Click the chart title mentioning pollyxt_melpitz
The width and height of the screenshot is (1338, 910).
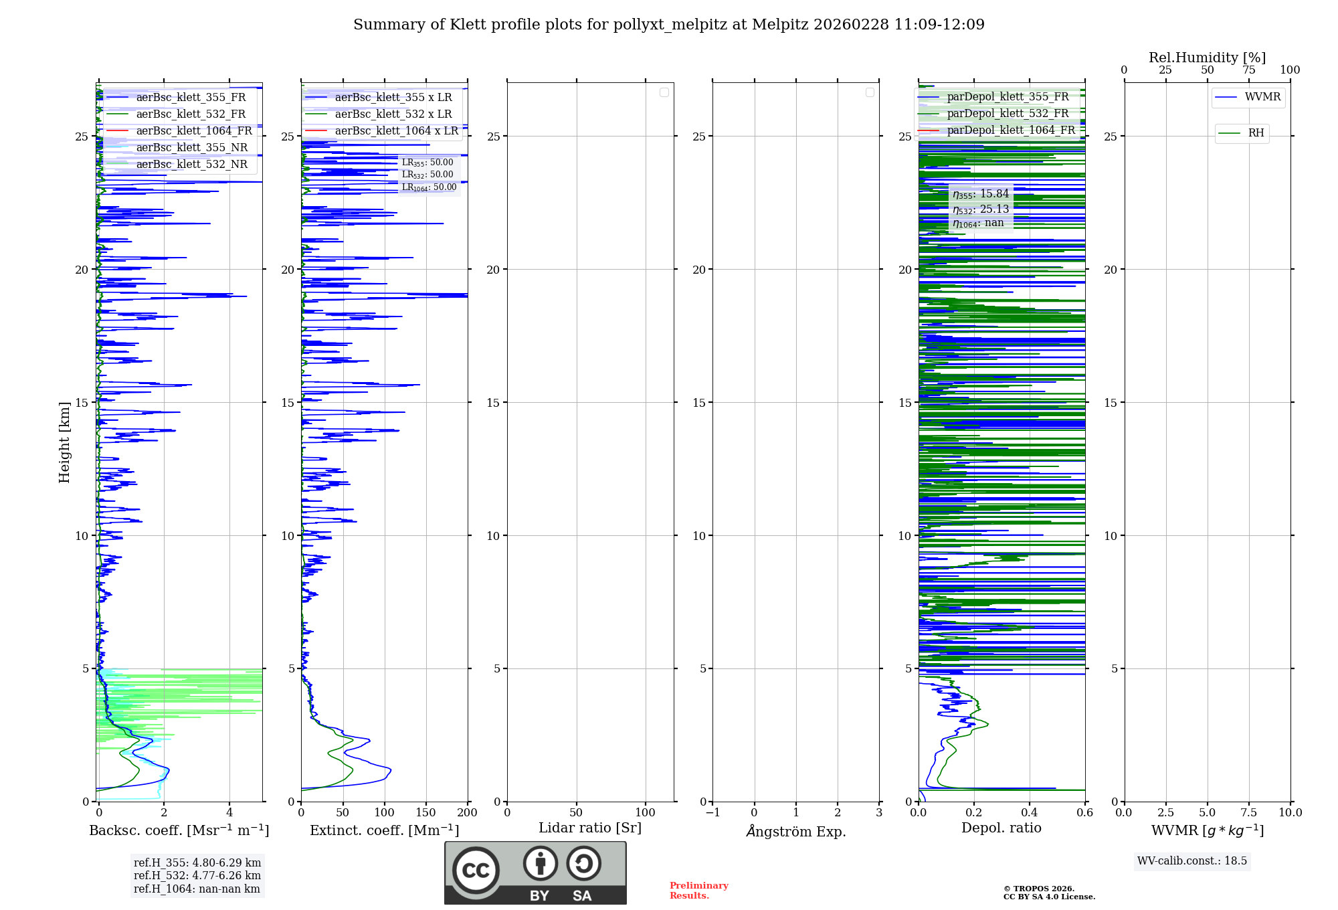coord(669,25)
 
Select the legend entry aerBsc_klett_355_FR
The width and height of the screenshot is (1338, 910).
coord(191,98)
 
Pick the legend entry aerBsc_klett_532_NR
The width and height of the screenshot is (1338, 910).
coord(191,165)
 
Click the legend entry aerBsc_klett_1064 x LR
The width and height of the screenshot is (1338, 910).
coord(396,131)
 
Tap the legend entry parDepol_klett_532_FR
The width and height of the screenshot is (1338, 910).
coord(1008,114)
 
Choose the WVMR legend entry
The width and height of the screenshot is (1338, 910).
coord(1262,97)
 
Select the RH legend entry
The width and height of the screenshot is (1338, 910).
coord(1256,133)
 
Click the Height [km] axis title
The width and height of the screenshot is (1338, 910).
coord(64,442)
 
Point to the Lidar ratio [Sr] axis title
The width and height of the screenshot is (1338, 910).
coord(590,828)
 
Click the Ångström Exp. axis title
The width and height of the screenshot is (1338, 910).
coord(796,832)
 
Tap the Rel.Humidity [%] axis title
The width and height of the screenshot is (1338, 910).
coord(1207,58)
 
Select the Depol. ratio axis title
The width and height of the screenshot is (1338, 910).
coord(1001,828)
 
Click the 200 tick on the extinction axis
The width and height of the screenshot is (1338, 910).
coord(468,813)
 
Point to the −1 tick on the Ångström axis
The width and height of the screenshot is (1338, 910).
coord(712,813)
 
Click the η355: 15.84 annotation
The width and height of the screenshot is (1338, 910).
coord(981,194)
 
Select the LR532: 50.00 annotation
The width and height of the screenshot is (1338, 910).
coord(427,175)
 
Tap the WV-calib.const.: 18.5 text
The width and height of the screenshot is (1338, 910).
coord(1192,861)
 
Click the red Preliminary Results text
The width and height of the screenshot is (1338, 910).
coord(698,891)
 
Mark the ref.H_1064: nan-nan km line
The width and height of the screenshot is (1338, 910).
coord(197,889)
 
